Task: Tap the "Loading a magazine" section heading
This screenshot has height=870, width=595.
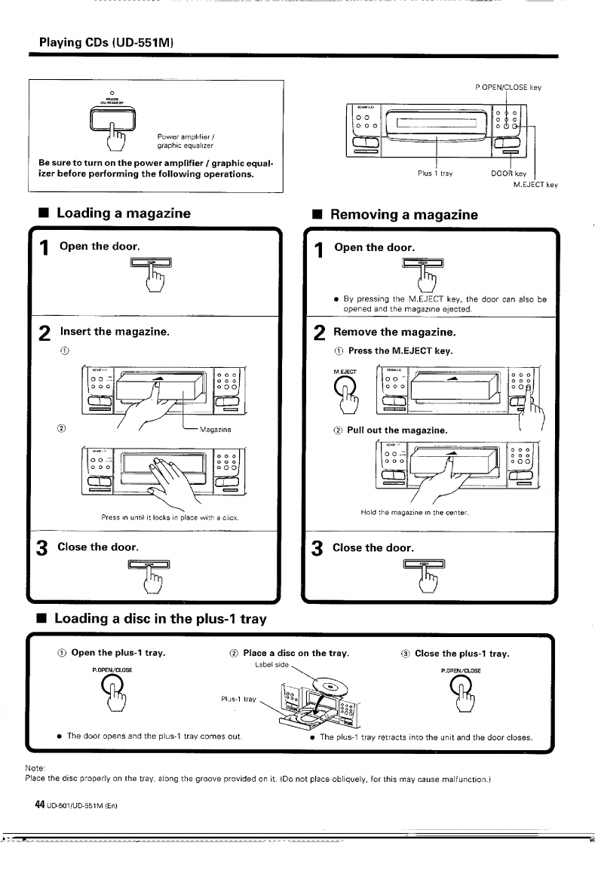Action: click(x=123, y=213)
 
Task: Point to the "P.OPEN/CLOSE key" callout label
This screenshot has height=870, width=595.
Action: click(x=508, y=87)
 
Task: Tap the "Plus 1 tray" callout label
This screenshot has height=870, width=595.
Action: click(x=434, y=173)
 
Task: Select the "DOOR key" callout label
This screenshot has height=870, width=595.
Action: click(x=508, y=173)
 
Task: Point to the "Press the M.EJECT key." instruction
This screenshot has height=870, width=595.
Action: click(x=400, y=352)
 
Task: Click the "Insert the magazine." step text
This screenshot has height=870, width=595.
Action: click(x=115, y=331)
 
